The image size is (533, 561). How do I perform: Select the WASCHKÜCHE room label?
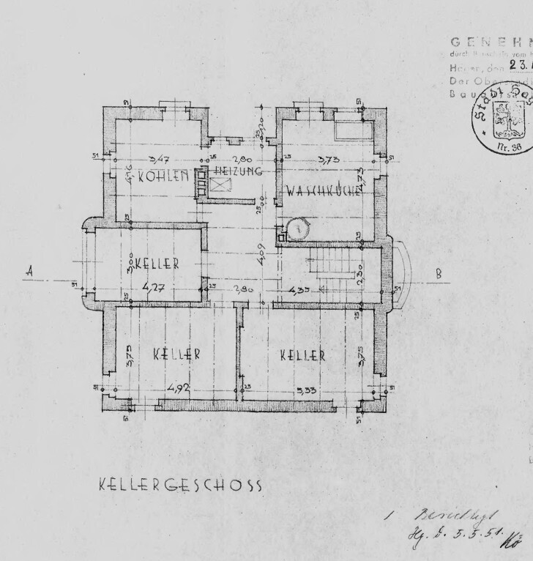coord(323,191)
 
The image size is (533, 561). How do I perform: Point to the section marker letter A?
coord(30,270)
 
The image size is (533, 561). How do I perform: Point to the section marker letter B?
coord(439,274)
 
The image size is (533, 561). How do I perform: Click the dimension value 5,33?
coord(306,390)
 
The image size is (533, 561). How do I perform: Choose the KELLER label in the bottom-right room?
coord(302,356)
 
